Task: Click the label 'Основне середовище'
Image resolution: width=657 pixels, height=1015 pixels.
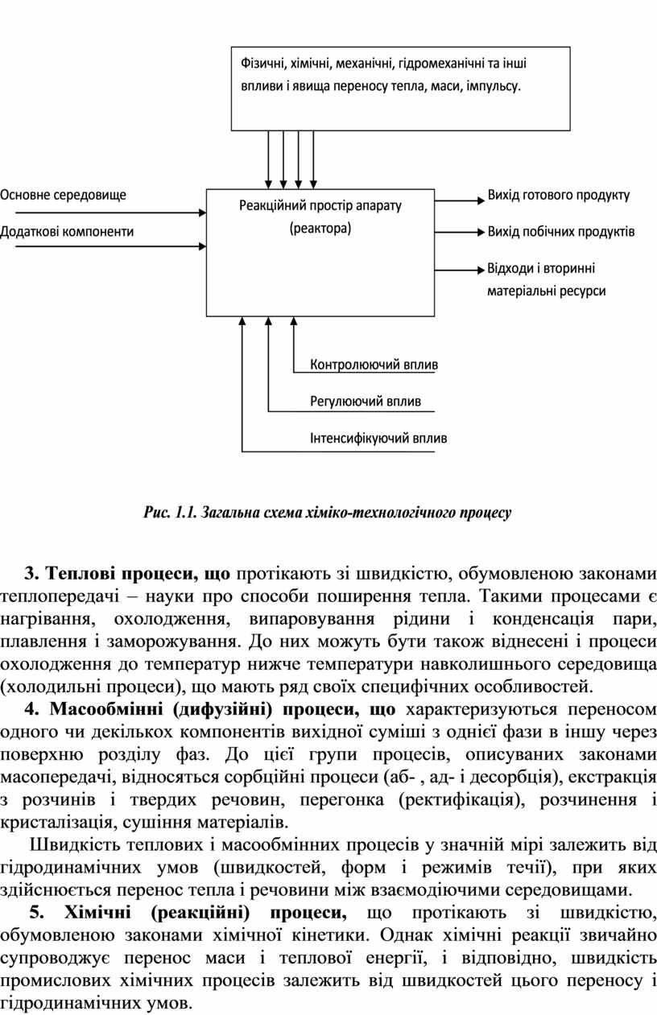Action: [x=63, y=194]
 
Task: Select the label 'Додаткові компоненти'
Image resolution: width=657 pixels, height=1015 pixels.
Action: [x=67, y=232]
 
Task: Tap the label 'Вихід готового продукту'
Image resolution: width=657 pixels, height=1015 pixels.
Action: [x=559, y=195]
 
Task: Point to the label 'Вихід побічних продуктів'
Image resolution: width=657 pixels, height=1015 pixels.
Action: [x=560, y=232]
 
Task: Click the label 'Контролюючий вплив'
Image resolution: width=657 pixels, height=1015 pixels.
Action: [x=374, y=365]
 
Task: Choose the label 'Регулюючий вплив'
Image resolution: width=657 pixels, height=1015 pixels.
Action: [x=366, y=401]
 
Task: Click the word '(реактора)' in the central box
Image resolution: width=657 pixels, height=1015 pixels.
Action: [x=320, y=229]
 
